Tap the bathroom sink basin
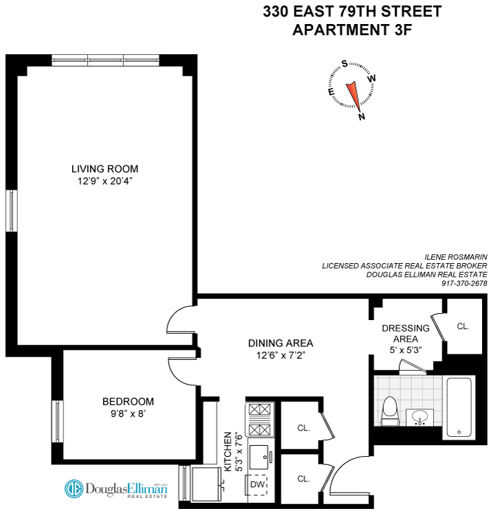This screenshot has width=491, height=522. pyautogui.click(x=418, y=416)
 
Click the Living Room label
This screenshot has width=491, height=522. pyautogui.click(x=105, y=169)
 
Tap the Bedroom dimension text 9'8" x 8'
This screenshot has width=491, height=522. pyautogui.click(x=128, y=414)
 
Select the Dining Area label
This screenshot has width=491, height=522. pyautogui.click(x=281, y=343)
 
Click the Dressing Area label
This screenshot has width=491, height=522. pyautogui.click(x=405, y=333)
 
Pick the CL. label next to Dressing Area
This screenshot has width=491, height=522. pyautogui.click(x=463, y=326)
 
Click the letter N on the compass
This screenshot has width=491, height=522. pyautogui.click(x=361, y=116)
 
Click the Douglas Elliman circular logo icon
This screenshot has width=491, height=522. pyautogui.click(x=73, y=489)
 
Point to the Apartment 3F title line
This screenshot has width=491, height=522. pyautogui.click(x=352, y=30)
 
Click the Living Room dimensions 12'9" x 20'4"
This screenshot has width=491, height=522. pyautogui.click(x=105, y=181)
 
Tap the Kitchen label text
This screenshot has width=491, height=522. pyautogui.click(x=227, y=455)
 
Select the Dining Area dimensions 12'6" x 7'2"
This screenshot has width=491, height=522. pyautogui.click(x=281, y=355)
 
